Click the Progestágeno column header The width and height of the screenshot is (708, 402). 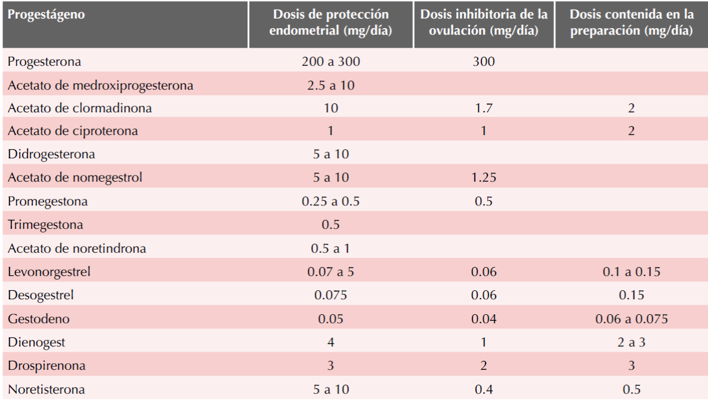pyautogui.click(x=46, y=15)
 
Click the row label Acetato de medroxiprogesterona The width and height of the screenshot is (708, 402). pyautogui.click(x=100, y=85)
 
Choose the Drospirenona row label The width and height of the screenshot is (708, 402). pyautogui.click(x=47, y=366)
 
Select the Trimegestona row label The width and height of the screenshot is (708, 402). pyautogui.click(x=45, y=225)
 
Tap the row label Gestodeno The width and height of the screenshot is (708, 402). pyautogui.click(x=39, y=319)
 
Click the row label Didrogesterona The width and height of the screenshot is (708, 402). pyautogui.click(x=51, y=154)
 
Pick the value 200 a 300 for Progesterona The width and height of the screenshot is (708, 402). pyautogui.click(x=330, y=62)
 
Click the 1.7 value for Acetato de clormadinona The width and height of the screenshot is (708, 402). pyautogui.click(x=483, y=108)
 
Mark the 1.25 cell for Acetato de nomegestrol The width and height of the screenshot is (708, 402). pyautogui.click(x=483, y=177)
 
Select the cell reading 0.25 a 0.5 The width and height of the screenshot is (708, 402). pyautogui.click(x=330, y=201)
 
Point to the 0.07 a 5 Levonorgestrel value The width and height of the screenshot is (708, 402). pyautogui.click(x=330, y=272)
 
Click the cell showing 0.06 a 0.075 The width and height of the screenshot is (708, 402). pyautogui.click(x=631, y=319)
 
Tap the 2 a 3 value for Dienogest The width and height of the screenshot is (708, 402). pyautogui.click(x=631, y=342)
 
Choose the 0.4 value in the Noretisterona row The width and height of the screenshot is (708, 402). pyautogui.click(x=483, y=389)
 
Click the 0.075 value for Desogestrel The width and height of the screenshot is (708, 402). pyautogui.click(x=330, y=295)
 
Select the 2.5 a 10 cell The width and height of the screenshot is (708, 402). pyautogui.click(x=330, y=85)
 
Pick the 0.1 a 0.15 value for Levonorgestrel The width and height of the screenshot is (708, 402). pyautogui.click(x=631, y=272)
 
